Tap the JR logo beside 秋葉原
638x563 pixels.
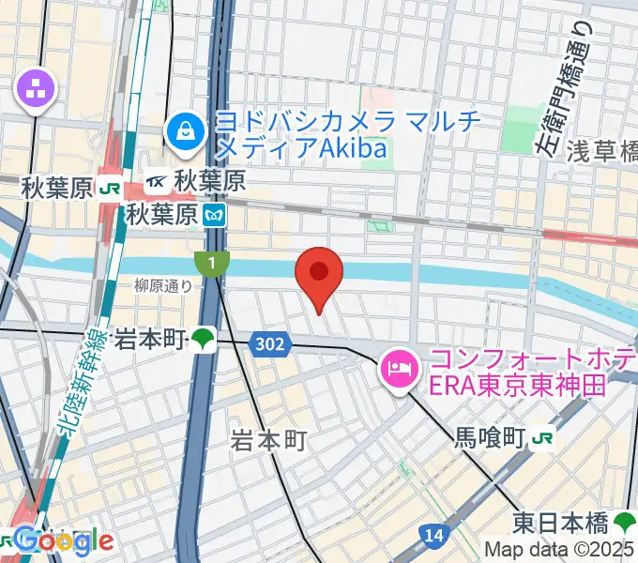(109, 188)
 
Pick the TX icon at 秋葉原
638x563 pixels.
(158, 183)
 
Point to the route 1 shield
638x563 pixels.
(213, 265)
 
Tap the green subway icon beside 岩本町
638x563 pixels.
(203, 339)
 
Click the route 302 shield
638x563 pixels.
(269, 345)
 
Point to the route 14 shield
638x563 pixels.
(433, 535)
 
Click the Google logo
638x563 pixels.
(64, 540)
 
